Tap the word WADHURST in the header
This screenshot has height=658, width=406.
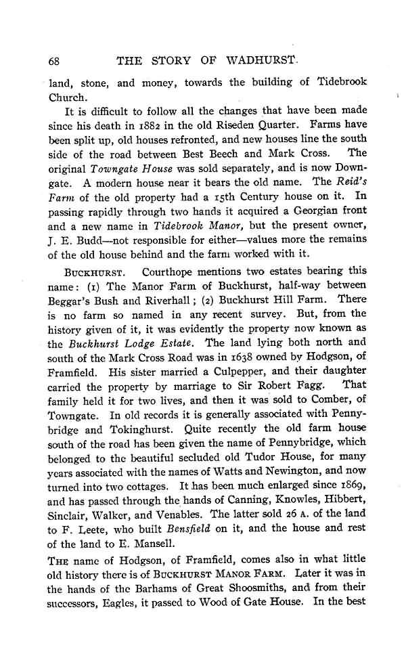point(261,60)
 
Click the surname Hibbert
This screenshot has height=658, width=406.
point(344,501)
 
